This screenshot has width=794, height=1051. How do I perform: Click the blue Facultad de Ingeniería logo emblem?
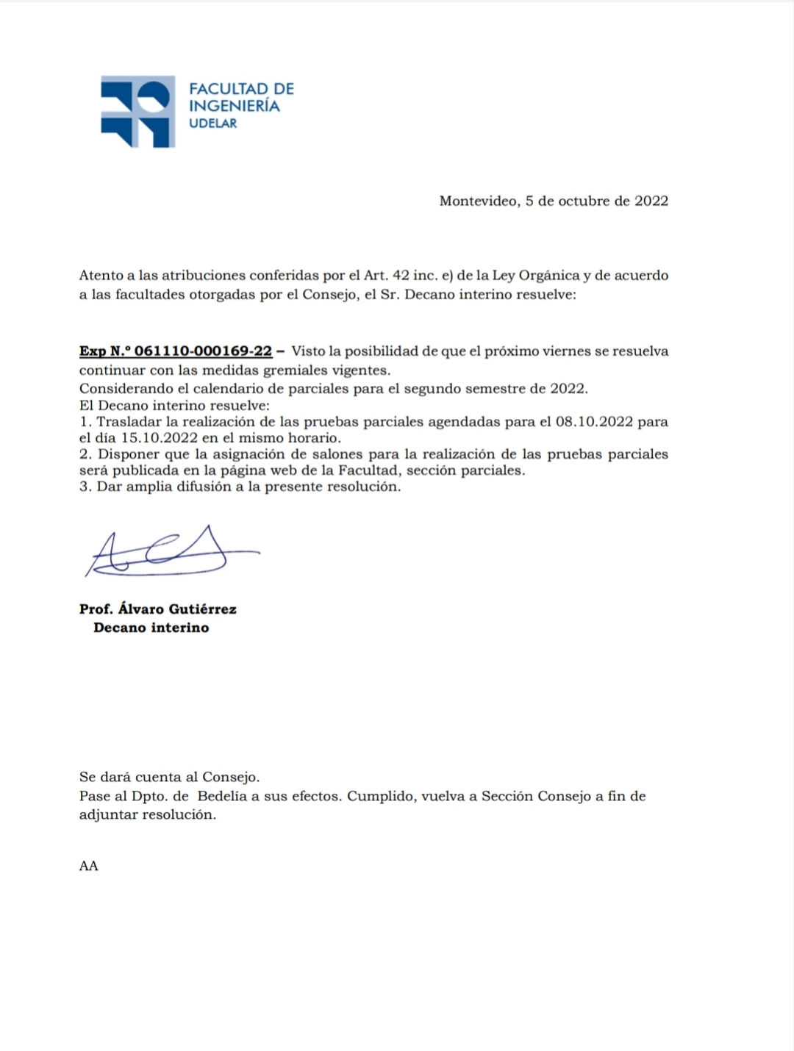point(137,111)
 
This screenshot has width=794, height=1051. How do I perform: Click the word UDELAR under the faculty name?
point(213,123)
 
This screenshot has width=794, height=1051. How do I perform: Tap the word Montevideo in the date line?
point(478,201)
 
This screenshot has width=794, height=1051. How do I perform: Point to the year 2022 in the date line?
point(651,201)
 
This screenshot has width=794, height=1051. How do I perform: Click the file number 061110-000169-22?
point(203,351)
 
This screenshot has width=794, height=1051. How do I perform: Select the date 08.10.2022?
point(594,422)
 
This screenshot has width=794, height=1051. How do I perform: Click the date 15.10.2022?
point(160,438)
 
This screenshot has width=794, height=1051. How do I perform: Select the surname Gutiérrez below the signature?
point(203,609)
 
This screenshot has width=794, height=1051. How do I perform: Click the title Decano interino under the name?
point(151,628)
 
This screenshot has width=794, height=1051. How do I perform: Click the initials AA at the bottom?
point(88,866)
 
